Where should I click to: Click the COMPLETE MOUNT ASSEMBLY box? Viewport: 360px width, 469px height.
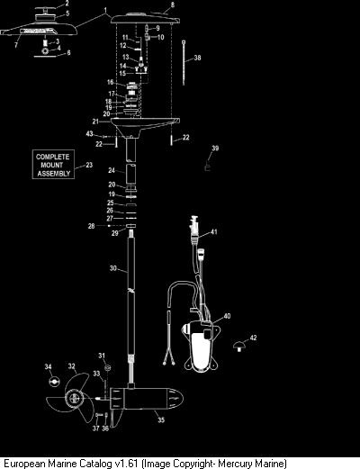click(53, 165)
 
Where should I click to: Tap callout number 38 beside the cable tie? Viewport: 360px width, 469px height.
click(197, 58)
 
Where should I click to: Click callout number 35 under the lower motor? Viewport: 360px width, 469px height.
click(161, 419)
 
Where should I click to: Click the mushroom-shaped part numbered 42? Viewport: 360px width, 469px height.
click(239, 346)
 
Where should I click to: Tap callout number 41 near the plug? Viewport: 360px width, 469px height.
click(213, 231)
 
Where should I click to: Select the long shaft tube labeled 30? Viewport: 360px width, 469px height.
click(131, 294)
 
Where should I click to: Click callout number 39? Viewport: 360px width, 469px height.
click(215, 148)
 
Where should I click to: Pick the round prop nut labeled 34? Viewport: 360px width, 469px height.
click(54, 381)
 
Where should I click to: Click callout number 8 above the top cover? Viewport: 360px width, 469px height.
click(172, 5)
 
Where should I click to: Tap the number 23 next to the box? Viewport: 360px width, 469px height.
click(89, 165)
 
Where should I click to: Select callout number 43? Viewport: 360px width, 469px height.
click(89, 133)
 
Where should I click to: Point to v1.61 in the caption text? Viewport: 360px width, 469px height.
click(126, 464)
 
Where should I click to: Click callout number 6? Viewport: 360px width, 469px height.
click(68, 52)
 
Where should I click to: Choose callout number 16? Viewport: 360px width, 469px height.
click(111, 82)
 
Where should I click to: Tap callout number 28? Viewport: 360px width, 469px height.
click(91, 226)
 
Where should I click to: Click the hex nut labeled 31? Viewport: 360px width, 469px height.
click(108, 367)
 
